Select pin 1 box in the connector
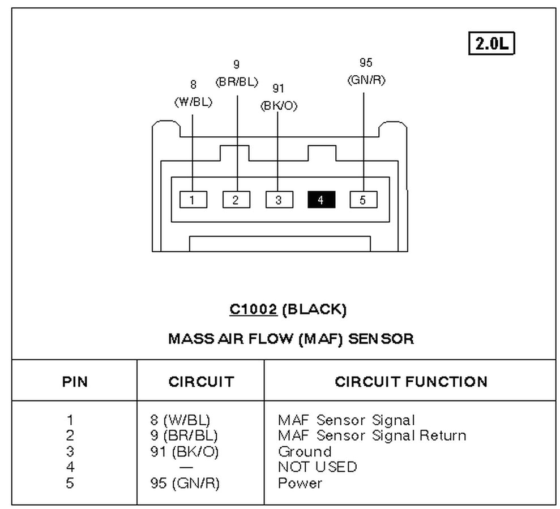pos(193,200)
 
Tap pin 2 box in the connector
pos(236,200)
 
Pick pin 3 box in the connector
pos(279,200)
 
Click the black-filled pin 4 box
pos(321,200)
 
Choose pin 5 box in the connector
pos(364,200)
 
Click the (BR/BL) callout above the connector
pos(237,81)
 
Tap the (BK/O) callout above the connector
pos(279,106)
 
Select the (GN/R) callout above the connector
pos(366,80)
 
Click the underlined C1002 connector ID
pos(253,309)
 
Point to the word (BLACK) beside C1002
pos(314,309)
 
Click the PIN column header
pos(75,382)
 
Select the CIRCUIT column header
pos(200,382)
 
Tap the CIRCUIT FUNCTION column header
pos(411,382)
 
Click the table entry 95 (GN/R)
pos(182,484)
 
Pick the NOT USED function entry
pos(317,467)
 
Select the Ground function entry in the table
pos(305,452)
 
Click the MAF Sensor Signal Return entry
pos(372,436)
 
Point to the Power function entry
pos(300,484)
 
